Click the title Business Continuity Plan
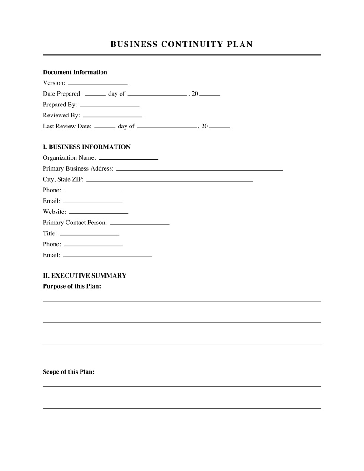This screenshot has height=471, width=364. click(x=182, y=44)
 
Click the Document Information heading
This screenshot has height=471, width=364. click(x=75, y=72)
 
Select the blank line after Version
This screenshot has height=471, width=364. click(x=98, y=84)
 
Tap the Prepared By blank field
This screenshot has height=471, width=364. click(x=110, y=106)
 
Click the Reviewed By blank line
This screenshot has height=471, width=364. click(x=112, y=116)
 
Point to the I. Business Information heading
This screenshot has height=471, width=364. click(x=86, y=147)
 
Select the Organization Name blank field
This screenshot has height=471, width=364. click(x=128, y=159)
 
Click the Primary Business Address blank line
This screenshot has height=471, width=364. click(x=200, y=170)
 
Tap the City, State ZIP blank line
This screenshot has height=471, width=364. click(x=170, y=180)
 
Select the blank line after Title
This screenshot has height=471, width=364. click(x=90, y=234)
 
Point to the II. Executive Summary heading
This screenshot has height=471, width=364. click(x=85, y=276)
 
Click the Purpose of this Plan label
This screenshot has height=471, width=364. click(x=72, y=286)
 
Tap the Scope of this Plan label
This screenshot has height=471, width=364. click(x=69, y=372)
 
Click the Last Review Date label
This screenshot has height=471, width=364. click(x=67, y=127)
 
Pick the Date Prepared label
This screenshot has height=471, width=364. click(x=62, y=94)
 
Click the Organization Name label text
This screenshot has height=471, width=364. click(x=69, y=158)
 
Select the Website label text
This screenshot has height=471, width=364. click(x=54, y=212)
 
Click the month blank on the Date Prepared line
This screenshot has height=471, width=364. click(x=157, y=95)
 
